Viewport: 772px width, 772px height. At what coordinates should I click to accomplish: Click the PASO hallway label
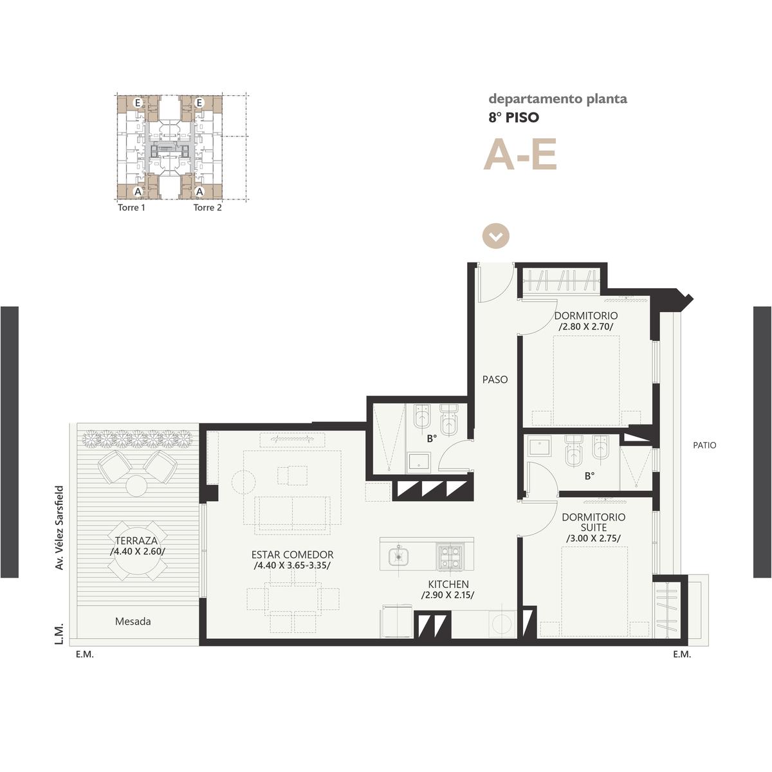(495, 380)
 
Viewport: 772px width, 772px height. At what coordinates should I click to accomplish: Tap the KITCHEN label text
(448, 584)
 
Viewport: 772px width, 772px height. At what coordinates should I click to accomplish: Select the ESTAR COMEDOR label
(293, 555)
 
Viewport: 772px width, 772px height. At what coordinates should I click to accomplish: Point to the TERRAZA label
(136, 540)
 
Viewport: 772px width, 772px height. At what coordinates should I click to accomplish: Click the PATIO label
(704, 445)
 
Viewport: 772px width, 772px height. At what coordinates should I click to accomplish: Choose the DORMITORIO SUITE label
(594, 522)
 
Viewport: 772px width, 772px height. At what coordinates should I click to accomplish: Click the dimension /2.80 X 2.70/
(586, 327)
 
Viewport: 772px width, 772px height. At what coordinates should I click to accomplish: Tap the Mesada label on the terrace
(133, 621)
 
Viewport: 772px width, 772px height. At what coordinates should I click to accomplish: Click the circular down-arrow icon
(496, 236)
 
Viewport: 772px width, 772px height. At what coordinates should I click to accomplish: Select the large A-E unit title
(520, 154)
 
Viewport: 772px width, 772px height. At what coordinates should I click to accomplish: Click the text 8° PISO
(514, 117)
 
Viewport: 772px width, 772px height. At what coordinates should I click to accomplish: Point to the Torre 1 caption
(131, 208)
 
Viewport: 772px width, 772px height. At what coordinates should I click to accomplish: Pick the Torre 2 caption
(208, 208)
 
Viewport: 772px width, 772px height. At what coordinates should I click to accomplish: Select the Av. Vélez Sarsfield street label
(60, 528)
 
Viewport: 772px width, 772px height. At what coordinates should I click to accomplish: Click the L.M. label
(60, 634)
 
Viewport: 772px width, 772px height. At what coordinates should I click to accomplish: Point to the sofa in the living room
(292, 515)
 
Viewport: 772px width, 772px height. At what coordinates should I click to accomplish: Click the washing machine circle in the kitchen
(502, 623)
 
